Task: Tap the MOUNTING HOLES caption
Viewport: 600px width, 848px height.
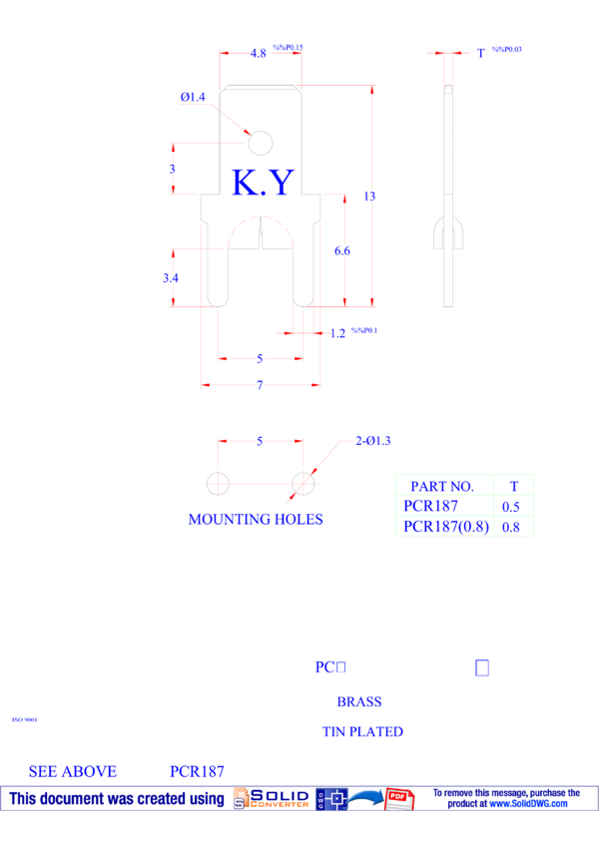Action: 256,519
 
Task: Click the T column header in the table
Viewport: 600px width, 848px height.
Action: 514,486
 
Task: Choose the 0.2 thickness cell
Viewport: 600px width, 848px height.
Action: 511,526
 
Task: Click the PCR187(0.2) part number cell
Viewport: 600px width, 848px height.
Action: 445,526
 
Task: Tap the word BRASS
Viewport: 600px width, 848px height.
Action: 359,701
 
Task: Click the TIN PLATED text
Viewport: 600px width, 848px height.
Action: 362,731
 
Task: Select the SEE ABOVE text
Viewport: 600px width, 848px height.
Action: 73,771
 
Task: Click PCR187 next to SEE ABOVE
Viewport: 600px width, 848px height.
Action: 197,771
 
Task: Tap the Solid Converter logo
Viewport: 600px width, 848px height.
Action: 272,798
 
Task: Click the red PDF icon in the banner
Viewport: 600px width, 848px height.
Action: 399,798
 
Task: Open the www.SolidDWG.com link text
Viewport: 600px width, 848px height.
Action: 528,803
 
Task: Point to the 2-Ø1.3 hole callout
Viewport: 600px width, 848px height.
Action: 373,440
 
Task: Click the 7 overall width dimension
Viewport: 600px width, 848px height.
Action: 260,385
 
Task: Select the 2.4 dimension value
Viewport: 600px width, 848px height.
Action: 171,278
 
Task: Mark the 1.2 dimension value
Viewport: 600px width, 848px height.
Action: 338,333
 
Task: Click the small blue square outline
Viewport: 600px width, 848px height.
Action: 482,667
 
